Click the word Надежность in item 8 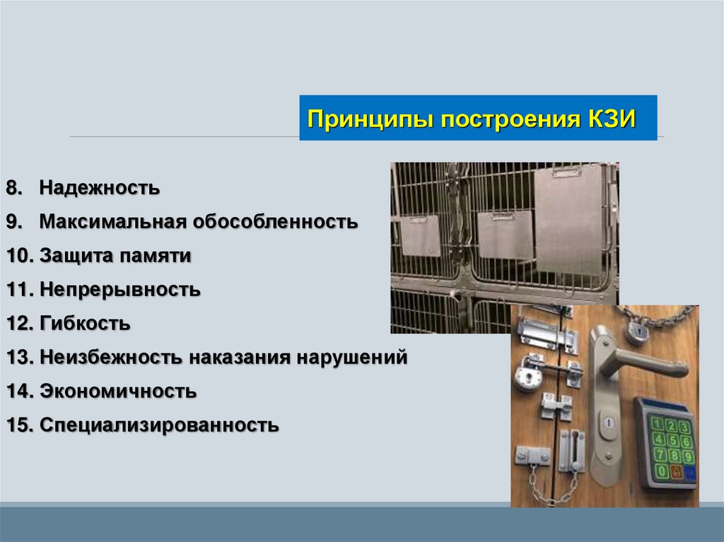[99, 188]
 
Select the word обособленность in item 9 [275, 222]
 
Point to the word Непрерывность [120, 290]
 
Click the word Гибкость [85, 323]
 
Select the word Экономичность [118, 391]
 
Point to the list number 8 [14, 188]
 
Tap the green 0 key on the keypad [662, 471]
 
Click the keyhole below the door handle [608, 423]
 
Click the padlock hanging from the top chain [638, 332]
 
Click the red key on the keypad [675, 472]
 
